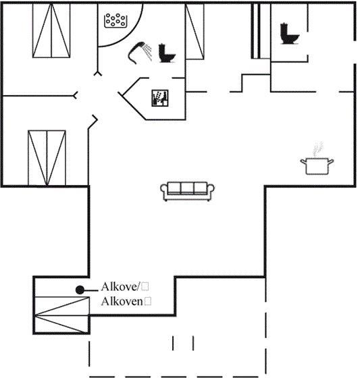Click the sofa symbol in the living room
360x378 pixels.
point(187,191)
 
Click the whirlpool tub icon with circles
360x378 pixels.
point(115,21)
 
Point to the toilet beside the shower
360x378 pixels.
point(166,53)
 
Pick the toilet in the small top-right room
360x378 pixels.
point(289,34)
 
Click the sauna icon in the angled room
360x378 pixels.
point(159,98)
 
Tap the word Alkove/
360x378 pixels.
point(120,287)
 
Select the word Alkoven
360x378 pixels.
point(122,301)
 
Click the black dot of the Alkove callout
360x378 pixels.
point(80,290)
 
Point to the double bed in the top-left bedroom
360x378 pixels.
point(51,30)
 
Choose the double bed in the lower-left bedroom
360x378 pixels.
point(47,158)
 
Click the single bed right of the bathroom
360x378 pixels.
point(195,32)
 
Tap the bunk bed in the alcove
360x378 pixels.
point(62,315)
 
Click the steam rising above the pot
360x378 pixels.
point(318,149)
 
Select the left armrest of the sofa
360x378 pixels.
point(164,190)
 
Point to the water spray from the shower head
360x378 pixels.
point(147,51)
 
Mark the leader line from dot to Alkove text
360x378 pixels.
point(91,290)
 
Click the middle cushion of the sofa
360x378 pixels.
point(187,188)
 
